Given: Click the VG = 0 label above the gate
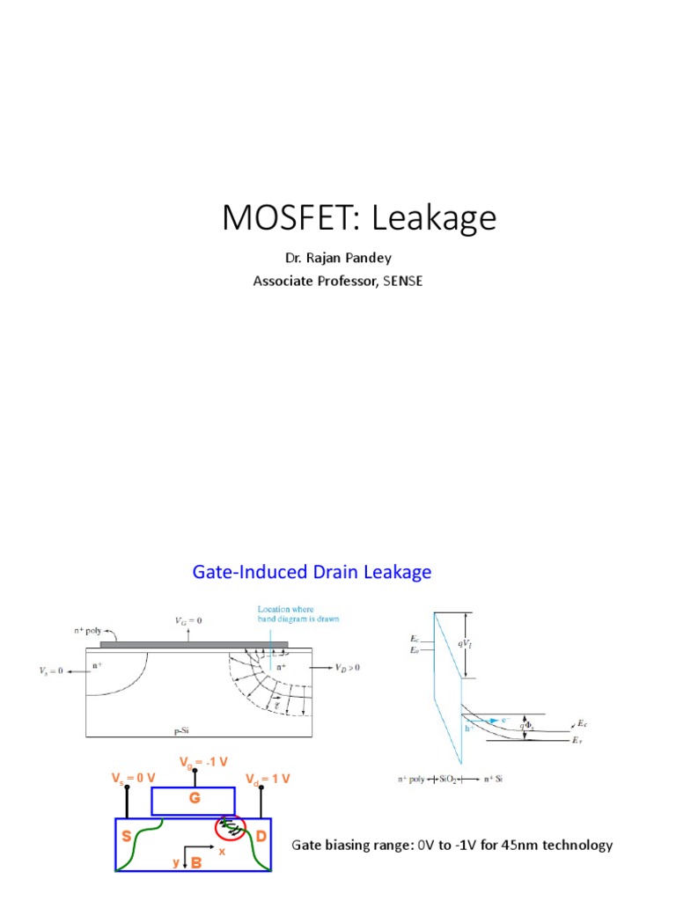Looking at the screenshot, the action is point(192,621).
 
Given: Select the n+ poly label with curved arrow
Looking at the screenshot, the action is point(91,630).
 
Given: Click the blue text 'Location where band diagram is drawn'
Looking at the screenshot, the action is point(298,613).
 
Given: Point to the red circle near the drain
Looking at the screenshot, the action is point(231,827).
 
